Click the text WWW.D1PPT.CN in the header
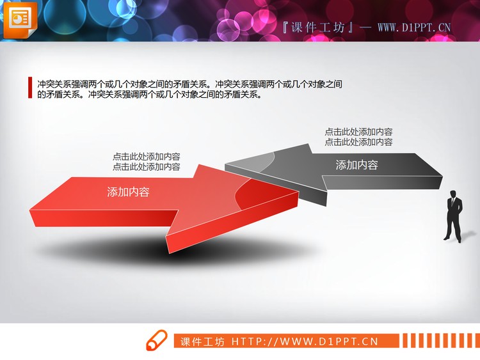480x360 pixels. (x=414, y=27)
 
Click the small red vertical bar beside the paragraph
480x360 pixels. (x=30, y=88)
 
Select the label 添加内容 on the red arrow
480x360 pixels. (x=128, y=191)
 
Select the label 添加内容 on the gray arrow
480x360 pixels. (x=357, y=164)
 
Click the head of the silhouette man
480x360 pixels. (x=453, y=193)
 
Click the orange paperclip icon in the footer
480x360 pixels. (x=157, y=340)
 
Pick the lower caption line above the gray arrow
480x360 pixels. (x=358, y=142)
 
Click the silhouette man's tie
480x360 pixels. (x=453, y=203)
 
